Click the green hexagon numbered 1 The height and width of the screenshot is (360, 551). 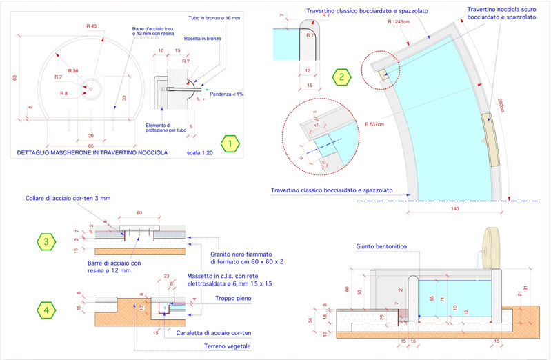(x=230, y=143)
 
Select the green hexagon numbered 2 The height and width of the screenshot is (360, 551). (x=341, y=77)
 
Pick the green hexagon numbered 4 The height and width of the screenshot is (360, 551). (x=46, y=310)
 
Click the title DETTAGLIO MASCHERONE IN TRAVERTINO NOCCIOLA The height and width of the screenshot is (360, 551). (x=88, y=152)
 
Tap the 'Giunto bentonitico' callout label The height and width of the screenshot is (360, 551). (x=381, y=246)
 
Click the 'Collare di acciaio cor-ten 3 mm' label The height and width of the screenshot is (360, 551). (x=67, y=198)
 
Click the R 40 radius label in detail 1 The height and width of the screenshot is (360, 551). (x=91, y=26)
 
